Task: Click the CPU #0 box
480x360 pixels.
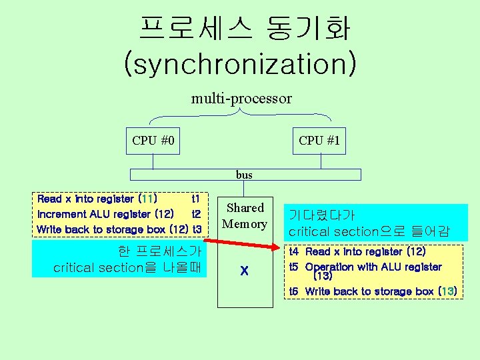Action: (153, 141)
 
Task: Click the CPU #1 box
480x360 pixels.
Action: (319, 141)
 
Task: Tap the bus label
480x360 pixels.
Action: (244, 175)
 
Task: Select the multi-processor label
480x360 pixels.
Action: (241, 99)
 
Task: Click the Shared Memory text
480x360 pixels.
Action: (245, 216)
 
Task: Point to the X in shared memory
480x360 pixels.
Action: (245, 271)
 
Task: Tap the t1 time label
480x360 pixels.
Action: (195, 199)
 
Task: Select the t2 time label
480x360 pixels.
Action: (196, 214)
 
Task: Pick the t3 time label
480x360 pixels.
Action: (196, 229)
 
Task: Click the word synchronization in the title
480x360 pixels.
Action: (240, 65)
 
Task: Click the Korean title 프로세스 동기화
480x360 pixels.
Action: (244, 29)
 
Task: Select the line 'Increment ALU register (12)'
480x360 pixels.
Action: (106, 214)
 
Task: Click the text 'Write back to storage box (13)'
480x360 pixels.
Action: (381, 291)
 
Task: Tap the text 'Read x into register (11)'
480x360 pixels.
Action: (97, 199)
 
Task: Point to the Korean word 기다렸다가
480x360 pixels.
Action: (321, 215)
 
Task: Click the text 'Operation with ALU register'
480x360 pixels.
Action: (373, 267)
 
